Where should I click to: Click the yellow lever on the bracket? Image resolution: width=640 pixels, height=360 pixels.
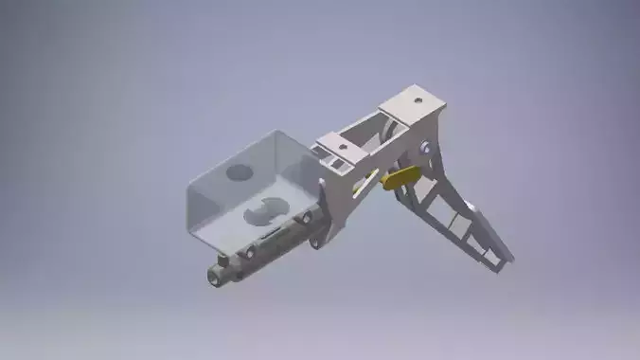point(402,177)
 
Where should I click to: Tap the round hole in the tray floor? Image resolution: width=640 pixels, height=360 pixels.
point(239,173)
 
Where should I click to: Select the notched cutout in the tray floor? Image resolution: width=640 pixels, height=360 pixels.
point(265,209)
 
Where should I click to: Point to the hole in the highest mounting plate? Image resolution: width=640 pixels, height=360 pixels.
point(418,99)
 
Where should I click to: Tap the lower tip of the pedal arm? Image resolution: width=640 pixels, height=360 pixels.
point(506,257)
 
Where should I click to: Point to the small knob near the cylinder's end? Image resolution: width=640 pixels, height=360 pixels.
point(222,258)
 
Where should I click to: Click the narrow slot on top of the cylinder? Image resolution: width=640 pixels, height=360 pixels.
point(270,233)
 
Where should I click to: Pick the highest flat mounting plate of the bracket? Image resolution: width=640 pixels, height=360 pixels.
point(413,101)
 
